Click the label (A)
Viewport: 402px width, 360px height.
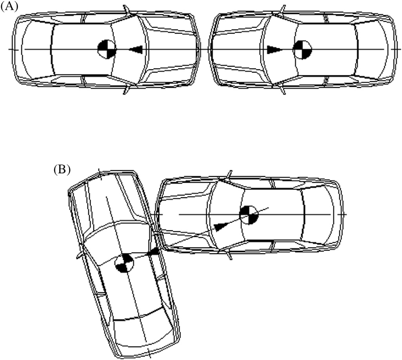coord(9,6)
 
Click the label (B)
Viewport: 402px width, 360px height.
coord(62,170)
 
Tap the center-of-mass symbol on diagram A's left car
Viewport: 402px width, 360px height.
coord(107,49)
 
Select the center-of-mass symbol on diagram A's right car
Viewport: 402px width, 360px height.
coord(303,50)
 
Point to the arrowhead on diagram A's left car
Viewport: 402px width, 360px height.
coord(136,50)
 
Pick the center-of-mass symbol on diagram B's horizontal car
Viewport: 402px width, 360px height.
coord(249,215)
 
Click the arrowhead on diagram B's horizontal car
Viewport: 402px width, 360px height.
coord(221,226)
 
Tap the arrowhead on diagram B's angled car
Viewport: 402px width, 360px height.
coord(153,252)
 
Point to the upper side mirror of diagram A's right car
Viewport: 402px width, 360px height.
coord(282,10)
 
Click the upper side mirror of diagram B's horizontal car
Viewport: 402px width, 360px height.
coord(229,175)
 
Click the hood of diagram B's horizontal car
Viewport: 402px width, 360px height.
coord(185,215)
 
